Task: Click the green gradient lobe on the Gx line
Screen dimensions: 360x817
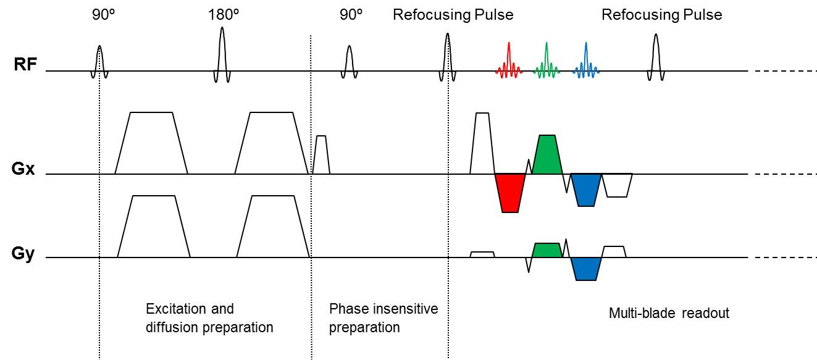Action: click(x=547, y=154)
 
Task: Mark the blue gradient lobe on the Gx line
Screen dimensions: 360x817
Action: click(x=585, y=188)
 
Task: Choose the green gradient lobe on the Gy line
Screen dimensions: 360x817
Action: click(x=547, y=250)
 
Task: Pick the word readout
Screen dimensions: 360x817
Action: click(x=708, y=313)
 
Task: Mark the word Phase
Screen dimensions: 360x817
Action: click(x=346, y=308)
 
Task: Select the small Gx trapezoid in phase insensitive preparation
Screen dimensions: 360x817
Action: click(x=321, y=154)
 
